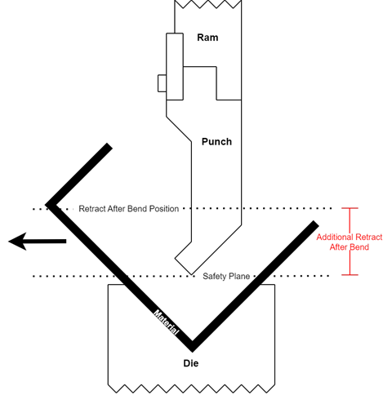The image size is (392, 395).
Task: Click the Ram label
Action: point(207,38)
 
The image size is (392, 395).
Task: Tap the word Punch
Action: point(216,142)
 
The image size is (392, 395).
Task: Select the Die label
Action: point(191,363)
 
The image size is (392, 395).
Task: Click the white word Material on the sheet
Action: point(167,322)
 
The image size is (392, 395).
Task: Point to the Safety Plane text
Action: point(226,277)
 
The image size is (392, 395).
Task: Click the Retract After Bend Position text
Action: point(129,209)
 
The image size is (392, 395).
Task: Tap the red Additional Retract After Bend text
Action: point(350,242)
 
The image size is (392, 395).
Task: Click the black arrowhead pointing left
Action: point(17,242)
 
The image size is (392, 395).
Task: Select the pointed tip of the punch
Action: point(191,275)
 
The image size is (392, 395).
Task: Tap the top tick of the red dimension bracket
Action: point(350,208)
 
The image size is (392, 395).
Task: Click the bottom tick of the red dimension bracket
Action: point(350,275)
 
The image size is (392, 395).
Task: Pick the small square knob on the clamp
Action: point(163,83)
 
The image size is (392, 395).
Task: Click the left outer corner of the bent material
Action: point(46,204)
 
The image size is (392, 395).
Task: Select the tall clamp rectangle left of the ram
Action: point(175,67)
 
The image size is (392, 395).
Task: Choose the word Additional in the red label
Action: point(335,237)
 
